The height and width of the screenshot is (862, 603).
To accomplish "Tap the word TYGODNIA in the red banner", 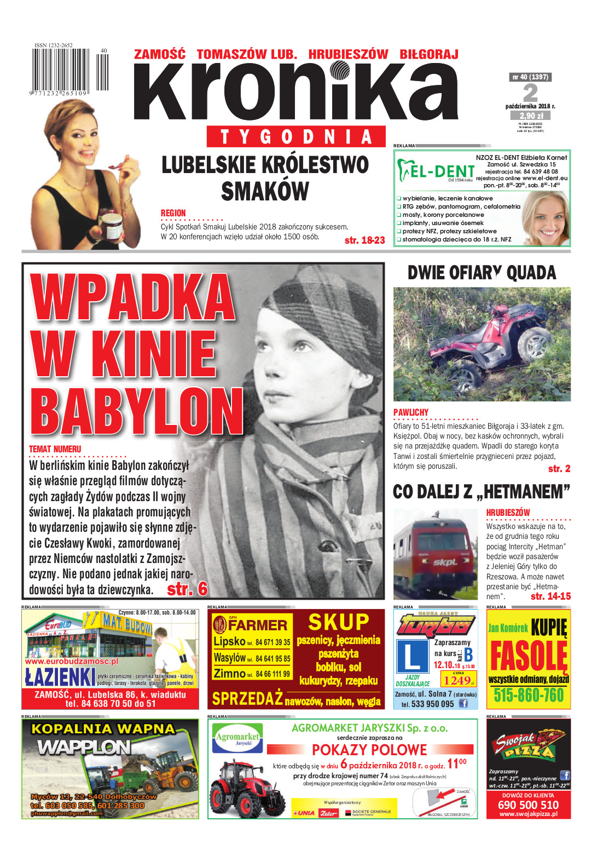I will tap(296, 136).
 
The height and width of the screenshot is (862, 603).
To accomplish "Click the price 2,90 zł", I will tap(531, 116).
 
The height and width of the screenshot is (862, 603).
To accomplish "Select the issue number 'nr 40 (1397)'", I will tap(530, 77).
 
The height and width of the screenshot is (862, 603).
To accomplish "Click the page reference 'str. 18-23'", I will tap(364, 240).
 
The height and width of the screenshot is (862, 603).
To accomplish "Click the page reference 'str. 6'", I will tap(187, 589).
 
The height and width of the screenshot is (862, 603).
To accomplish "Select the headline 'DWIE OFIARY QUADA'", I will tap(482, 273).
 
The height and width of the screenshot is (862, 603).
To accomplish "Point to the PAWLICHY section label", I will tap(411, 412).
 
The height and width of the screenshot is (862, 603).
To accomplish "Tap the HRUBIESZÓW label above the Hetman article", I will tap(508, 513).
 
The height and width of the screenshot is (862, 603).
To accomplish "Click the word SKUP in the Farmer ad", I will tap(339, 622).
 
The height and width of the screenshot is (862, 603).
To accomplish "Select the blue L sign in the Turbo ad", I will tap(412, 657).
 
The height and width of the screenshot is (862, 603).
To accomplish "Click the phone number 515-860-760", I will tap(528, 695).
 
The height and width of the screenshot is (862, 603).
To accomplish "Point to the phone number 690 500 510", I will tap(528, 804).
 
